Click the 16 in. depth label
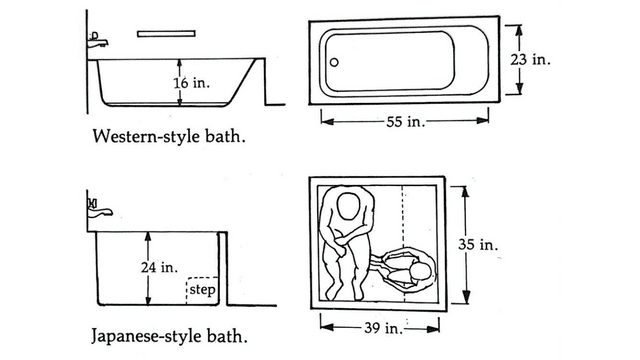pyautogui.click(x=191, y=83)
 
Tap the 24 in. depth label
pyautogui.click(x=160, y=267)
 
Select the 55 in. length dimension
pyautogui.click(x=406, y=122)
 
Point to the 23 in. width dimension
pyautogui.click(x=530, y=60)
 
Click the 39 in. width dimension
pyautogui.click(x=383, y=328)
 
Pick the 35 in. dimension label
pyautogui.click(x=478, y=244)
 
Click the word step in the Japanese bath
pyautogui.click(x=202, y=289)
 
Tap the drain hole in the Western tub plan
pyautogui.click(x=334, y=62)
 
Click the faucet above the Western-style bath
pyautogui.click(x=98, y=40)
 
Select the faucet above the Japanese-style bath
pyautogui.click(x=99, y=209)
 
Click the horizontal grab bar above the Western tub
pyautogui.click(x=166, y=34)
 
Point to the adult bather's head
pyautogui.click(x=348, y=206)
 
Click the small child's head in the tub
pyautogui.click(x=421, y=271)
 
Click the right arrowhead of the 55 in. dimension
pyautogui.click(x=483, y=120)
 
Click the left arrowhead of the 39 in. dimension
pyautogui.click(x=327, y=327)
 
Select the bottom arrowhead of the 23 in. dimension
pyautogui.click(x=519, y=89)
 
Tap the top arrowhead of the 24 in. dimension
pyautogui.click(x=148, y=238)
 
